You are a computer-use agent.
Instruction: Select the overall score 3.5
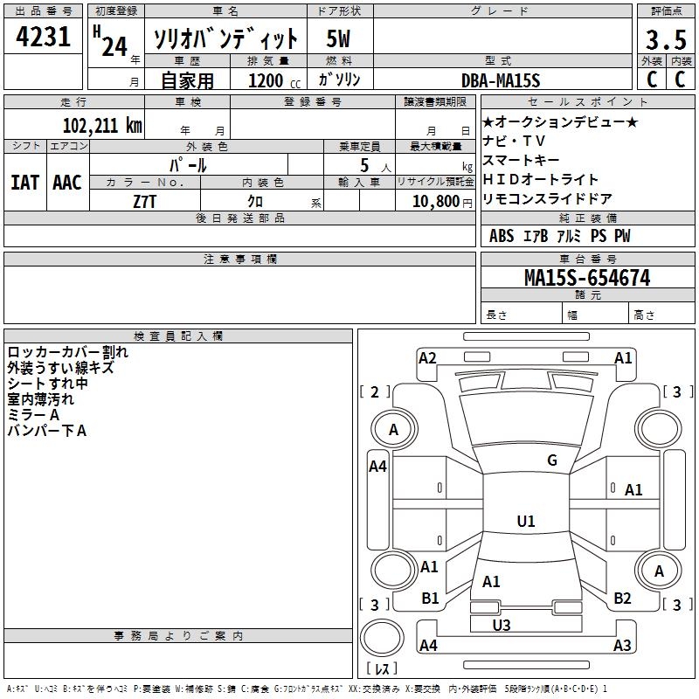(x=664, y=40)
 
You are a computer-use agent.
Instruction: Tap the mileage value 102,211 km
(x=102, y=126)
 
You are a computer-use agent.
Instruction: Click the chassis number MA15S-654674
(x=586, y=278)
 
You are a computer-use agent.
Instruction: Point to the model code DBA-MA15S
(x=501, y=80)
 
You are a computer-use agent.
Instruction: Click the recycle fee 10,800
(x=435, y=201)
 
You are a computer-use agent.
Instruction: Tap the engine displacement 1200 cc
(x=266, y=80)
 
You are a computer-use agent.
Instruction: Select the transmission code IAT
(x=24, y=183)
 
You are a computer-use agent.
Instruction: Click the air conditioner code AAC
(x=67, y=183)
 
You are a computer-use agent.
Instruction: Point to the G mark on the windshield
(x=551, y=460)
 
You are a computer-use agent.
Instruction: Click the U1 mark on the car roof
(x=525, y=522)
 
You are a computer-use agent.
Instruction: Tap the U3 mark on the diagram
(x=501, y=625)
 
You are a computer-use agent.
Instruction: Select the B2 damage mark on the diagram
(x=622, y=599)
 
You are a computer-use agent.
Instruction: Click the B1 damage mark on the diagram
(x=430, y=599)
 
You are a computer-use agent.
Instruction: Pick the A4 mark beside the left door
(x=377, y=467)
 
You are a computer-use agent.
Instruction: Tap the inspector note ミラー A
(x=34, y=415)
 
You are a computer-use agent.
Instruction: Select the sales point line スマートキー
(x=521, y=161)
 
